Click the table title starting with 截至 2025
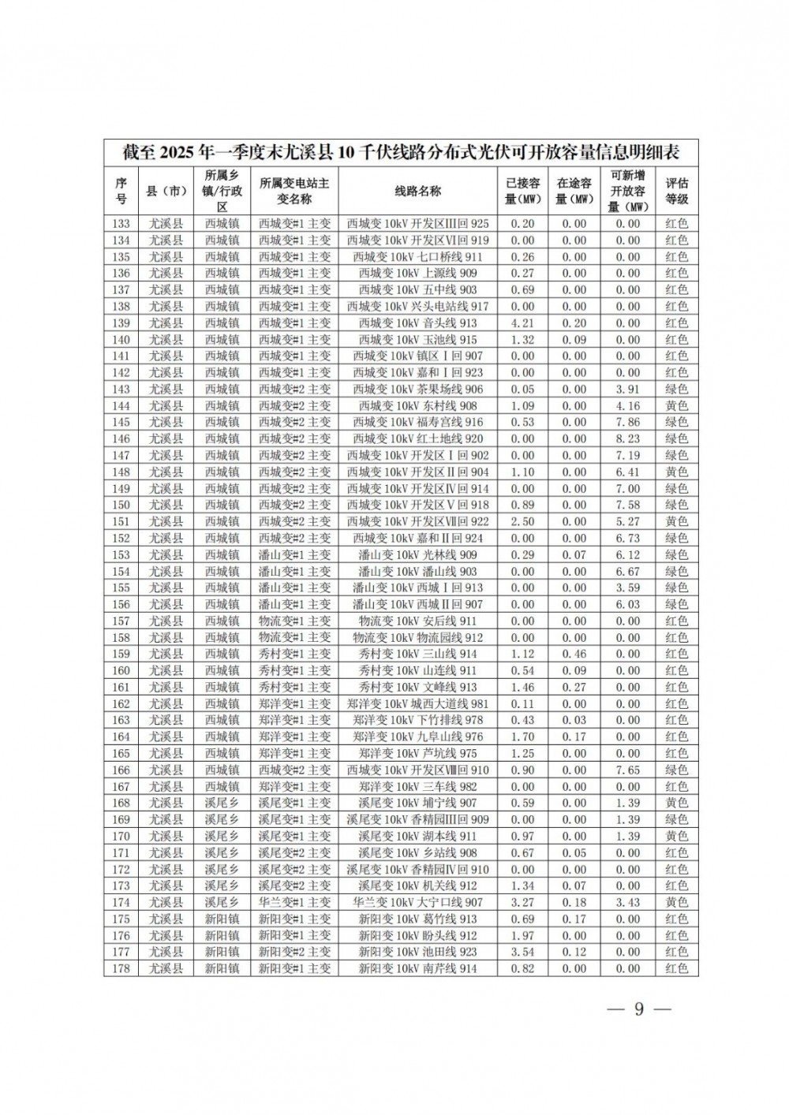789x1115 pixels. [x=401, y=151]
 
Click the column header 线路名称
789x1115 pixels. [x=417, y=191]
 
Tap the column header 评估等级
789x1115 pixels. [x=676, y=191]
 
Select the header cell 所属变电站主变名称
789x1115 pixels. [x=294, y=191]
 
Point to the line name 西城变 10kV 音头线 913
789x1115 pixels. [x=417, y=323]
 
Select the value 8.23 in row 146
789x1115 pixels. [x=628, y=439]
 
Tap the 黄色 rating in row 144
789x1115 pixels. [x=676, y=406]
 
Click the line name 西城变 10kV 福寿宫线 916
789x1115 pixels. [x=417, y=423]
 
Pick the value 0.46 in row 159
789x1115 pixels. [x=574, y=654]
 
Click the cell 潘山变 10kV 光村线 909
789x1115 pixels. [x=417, y=555]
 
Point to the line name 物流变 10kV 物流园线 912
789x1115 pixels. [x=417, y=638]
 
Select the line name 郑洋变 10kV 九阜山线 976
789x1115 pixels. [x=417, y=737]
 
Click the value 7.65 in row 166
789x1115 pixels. [x=628, y=770]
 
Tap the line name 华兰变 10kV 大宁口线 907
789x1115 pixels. [x=417, y=903]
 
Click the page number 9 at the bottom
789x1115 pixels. [x=639, y=1010]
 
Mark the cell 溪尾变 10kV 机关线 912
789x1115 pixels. [x=417, y=886]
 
